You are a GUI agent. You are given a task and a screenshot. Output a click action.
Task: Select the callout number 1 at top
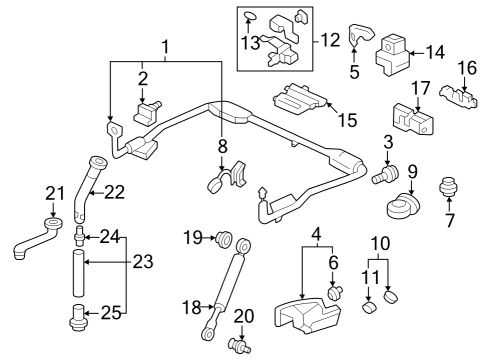tap(165, 45)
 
